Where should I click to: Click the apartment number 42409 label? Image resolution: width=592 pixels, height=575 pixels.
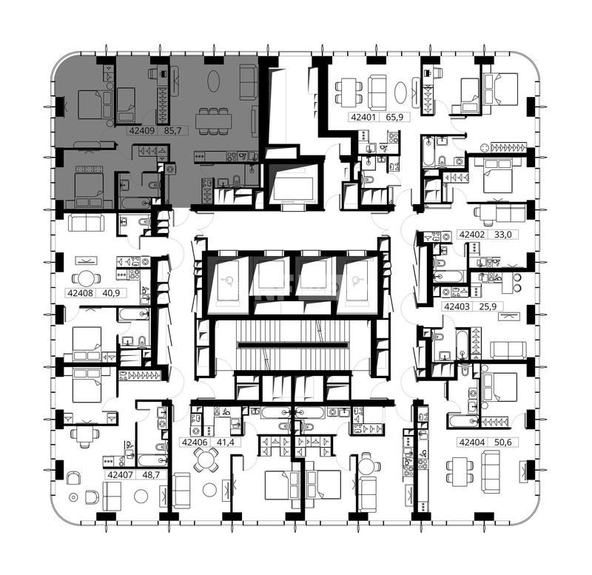point(142,131)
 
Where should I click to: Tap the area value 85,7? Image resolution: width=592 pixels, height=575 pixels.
point(173,131)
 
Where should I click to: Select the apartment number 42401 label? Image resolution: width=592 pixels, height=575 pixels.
point(363,117)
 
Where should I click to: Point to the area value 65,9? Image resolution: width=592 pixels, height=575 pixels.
point(394,117)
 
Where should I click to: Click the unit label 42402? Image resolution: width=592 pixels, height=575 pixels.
point(472,235)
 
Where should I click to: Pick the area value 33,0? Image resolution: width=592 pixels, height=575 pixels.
point(503,235)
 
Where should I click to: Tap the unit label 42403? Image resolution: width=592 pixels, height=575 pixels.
point(457,306)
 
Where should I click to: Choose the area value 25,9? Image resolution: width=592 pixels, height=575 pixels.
point(488,306)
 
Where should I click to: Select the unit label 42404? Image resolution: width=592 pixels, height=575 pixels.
point(472,442)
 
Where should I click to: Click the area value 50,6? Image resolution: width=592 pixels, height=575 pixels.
point(503,442)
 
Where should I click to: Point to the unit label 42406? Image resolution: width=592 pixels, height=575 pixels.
point(195,442)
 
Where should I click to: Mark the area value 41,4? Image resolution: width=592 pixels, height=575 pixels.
point(226,442)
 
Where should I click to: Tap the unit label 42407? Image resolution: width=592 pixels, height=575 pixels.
point(120,475)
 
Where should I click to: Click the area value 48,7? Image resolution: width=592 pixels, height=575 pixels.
point(151,475)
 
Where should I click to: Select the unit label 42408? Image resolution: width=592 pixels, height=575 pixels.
point(80,292)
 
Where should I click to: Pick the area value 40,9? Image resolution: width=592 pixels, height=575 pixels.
point(111,292)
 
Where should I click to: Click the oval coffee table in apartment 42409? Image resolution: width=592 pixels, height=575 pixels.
point(213,81)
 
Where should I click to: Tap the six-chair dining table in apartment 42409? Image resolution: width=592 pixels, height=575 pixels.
point(213,121)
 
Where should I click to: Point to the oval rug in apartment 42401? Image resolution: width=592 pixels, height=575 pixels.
point(400,93)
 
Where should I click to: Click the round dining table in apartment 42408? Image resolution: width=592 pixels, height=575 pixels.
point(87,279)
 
